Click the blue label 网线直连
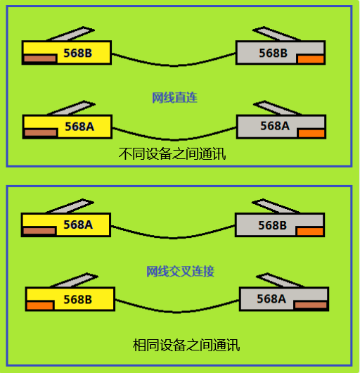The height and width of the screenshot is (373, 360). (174, 98)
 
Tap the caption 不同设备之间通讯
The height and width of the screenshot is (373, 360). (172, 153)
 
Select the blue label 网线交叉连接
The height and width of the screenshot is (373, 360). (181, 271)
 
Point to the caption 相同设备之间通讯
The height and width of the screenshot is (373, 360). (186, 345)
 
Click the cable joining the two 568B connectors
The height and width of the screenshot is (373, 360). (174, 65)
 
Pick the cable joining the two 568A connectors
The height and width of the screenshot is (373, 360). (174, 139)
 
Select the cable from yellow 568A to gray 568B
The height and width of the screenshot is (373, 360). (173, 237)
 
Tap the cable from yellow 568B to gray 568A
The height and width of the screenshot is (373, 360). (177, 312)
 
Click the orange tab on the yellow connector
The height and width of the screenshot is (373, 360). (40, 305)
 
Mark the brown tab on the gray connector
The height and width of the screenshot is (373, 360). (310, 305)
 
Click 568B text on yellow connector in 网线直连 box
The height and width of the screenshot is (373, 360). (78, 53)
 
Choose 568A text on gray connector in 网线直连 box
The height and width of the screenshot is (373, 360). (275, 126)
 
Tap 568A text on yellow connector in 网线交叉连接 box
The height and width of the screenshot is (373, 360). (78, 225)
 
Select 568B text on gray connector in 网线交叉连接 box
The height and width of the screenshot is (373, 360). (273, 225)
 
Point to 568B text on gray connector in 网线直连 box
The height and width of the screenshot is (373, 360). (273, 53)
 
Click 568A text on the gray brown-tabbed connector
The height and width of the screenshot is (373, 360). (271, 299)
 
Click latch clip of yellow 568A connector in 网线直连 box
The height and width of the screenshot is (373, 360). (71, 108)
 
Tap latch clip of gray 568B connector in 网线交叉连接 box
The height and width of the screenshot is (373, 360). (276, 206)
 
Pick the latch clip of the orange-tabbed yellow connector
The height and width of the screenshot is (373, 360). (74, 281)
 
